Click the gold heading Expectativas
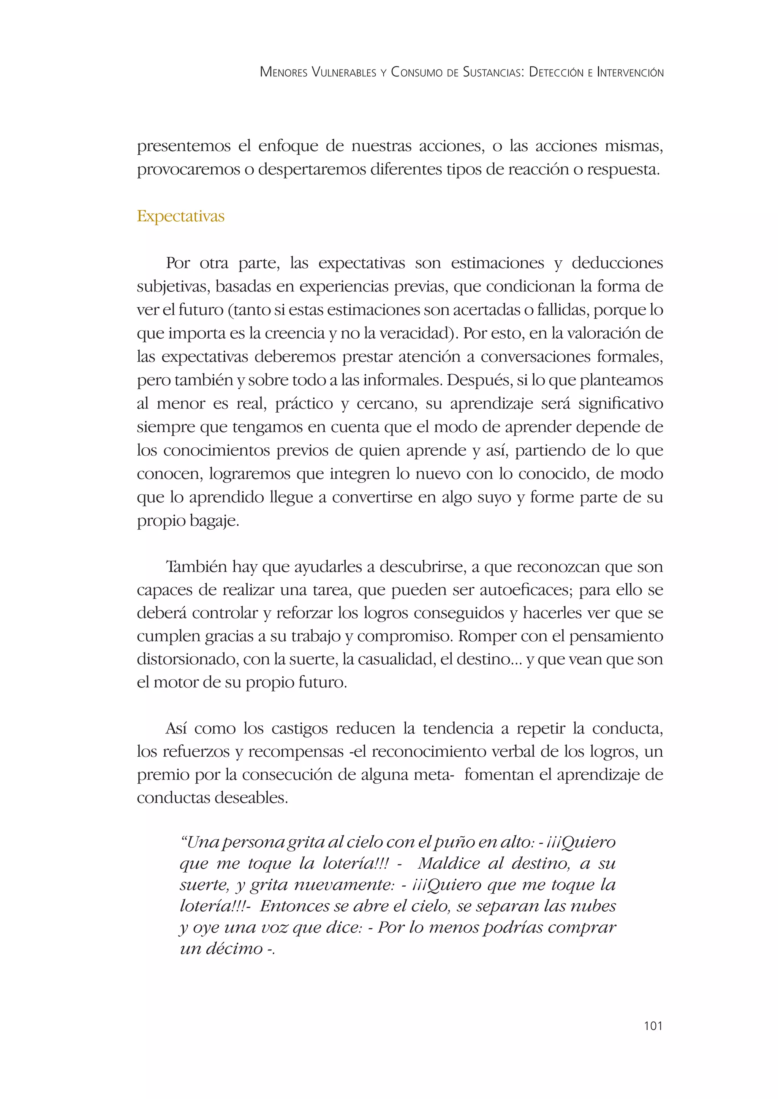point(180,217)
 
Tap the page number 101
point(653,1026)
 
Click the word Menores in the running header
point(284,72)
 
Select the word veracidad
point(416,333)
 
